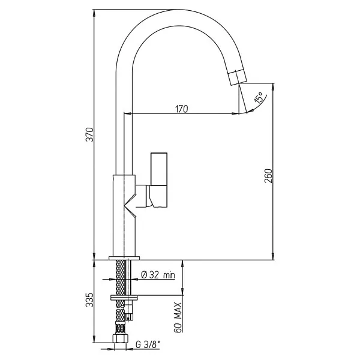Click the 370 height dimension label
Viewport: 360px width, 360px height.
click(89, 134)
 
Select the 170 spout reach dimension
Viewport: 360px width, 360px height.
click(182, 109)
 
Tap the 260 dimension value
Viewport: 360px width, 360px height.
click(268, 176)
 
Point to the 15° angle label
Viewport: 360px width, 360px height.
click(258, 97)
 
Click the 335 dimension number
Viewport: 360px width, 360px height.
click(89, 299)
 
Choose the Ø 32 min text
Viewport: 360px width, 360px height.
click(158, 275)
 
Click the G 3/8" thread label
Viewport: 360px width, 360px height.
click(148, 344)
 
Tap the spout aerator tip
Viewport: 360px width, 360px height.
click(238, 77)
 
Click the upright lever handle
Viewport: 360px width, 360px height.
click(159, 169)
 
